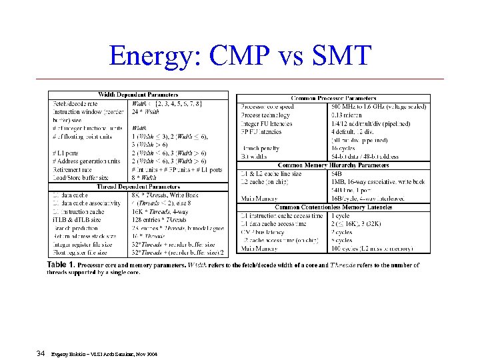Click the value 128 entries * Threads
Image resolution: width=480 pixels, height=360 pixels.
[x=159, y=219]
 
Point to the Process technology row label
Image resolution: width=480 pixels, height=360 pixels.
[x=266, y=115]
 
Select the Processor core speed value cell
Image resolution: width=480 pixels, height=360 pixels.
[x=377, y=107]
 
